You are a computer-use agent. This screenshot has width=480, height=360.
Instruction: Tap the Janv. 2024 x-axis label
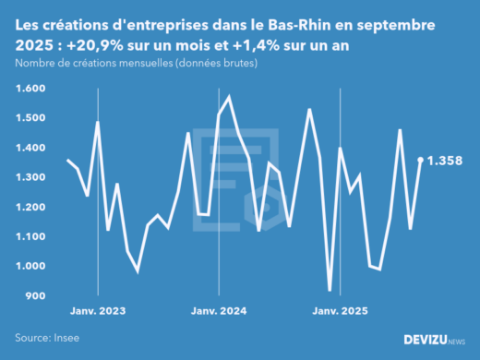click(x=220, y=311)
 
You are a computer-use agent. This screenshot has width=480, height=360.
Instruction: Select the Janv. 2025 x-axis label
click(x=341, y=311)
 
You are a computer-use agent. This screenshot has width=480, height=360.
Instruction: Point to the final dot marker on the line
click(x=421, y=160)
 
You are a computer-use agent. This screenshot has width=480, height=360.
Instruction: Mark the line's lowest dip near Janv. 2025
click(x=330, y=290)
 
